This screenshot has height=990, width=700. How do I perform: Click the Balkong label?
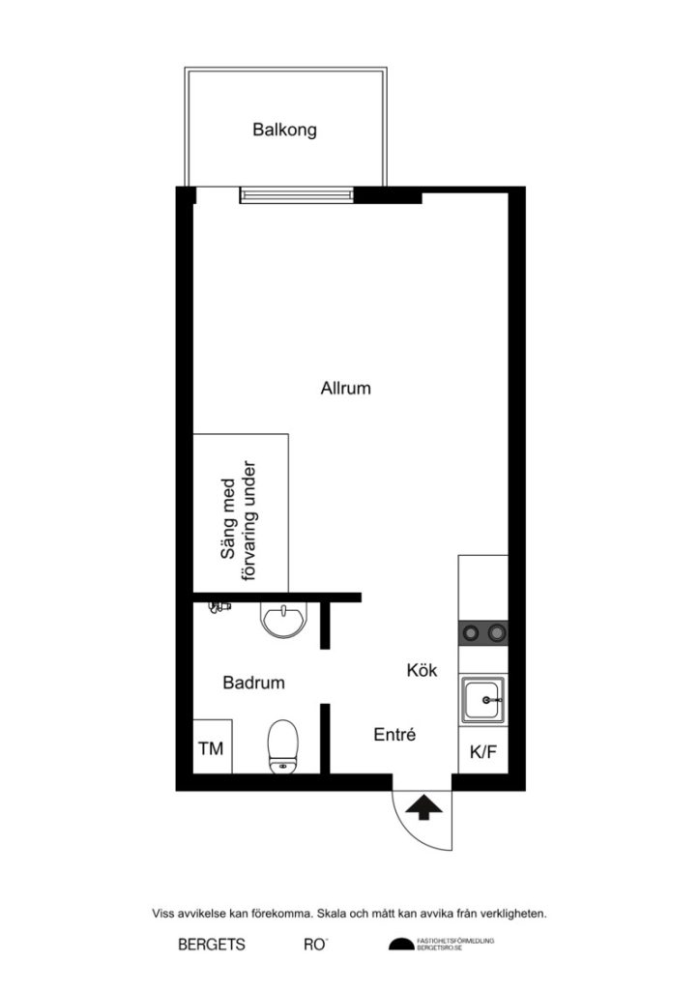point(284,130)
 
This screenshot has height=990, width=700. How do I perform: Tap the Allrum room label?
point(345,389)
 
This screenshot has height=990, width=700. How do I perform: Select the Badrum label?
point(253,683)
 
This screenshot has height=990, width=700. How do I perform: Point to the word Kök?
point(423,669)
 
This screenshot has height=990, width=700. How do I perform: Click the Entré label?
point(394,736)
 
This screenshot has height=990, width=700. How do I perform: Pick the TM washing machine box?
point(211,748)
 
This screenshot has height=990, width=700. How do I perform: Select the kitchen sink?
point(482,700)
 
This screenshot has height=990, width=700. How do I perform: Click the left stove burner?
point(471,633)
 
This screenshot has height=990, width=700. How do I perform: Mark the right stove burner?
point(497,633)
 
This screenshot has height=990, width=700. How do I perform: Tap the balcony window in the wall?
point(297,196)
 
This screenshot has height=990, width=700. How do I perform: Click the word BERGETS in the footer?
point(211,945)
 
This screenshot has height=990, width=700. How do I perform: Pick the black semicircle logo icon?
point(400,944)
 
